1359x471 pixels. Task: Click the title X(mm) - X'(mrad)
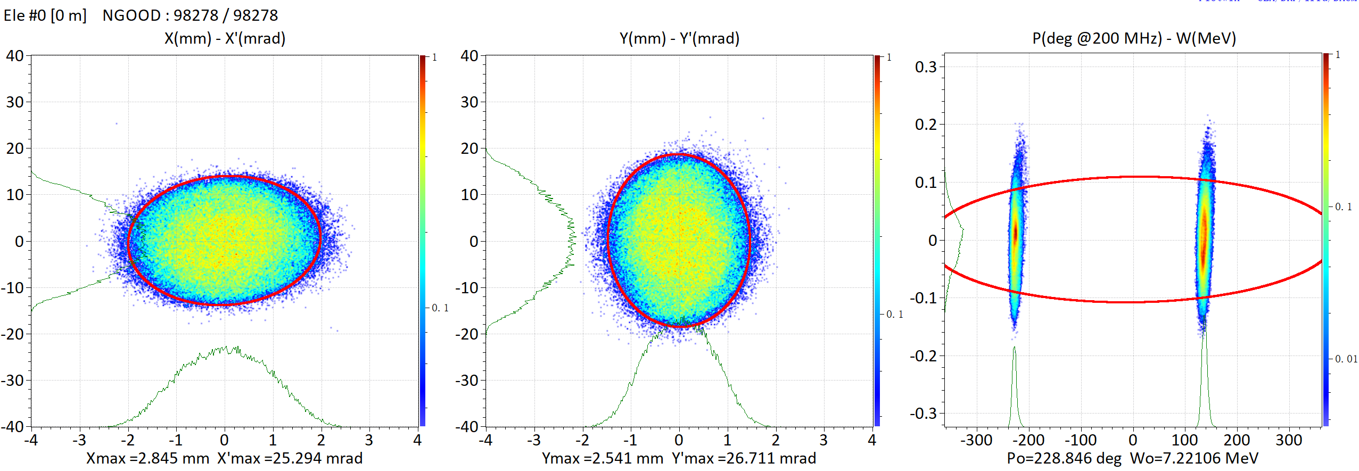click(225, 38)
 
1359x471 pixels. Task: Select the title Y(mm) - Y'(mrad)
click(679, 38)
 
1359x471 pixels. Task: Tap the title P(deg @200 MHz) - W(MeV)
click(1134, 38)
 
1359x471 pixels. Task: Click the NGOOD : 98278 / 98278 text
click(190, 15)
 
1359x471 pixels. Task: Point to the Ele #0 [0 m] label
click(45, 15)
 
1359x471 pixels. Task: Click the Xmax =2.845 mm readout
click(147, 458)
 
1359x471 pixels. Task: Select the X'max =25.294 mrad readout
click(290, 458)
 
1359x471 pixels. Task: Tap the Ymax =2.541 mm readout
click(602, 458)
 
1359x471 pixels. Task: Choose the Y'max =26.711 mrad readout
click(744, 458)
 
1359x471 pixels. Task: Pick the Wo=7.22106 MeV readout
click(1194, 458)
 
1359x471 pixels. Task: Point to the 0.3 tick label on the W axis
click(926, 67)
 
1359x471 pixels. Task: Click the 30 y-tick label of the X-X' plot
click(15, 102)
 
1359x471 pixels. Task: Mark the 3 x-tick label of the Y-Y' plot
click(823, 441)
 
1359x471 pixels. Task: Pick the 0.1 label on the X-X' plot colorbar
click(440, 308)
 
